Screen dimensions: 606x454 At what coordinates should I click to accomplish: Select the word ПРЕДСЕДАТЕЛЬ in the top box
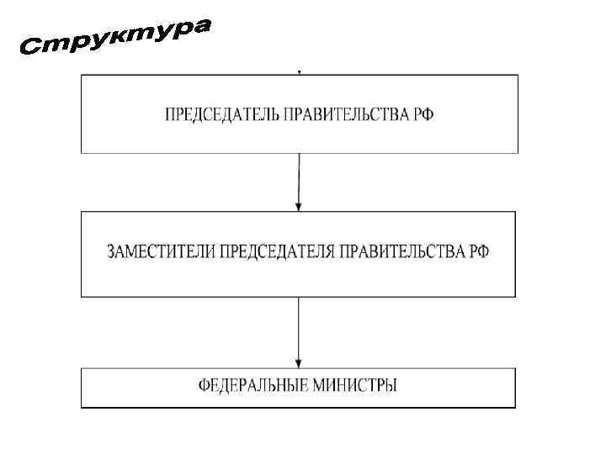[215, 114]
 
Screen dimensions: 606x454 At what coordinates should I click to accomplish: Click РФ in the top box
[425, 114]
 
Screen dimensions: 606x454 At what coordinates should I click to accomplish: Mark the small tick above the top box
[300, 72]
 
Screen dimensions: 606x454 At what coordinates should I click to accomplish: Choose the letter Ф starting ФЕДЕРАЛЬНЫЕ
[205, 387]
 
